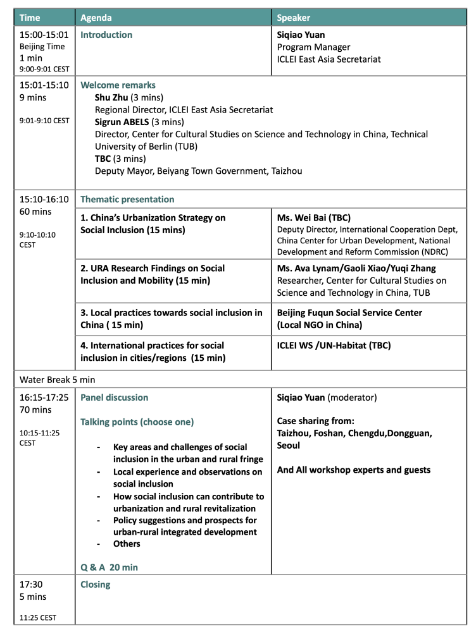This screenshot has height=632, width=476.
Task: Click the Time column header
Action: (30, 18)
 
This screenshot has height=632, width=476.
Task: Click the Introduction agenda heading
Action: (106, 35)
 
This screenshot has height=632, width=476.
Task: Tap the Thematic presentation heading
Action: (127, 199)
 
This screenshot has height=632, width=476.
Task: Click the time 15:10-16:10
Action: (44, 199)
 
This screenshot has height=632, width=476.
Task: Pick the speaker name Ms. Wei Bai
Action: (303, 217)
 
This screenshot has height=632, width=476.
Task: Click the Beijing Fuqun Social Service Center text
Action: (349, 313)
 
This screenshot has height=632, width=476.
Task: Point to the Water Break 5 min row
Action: (60, 379)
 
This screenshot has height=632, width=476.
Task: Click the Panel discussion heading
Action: (115, 398)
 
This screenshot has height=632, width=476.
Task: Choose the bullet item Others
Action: (127, 544)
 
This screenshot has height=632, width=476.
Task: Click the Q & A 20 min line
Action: (109, 568)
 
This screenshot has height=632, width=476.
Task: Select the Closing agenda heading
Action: (96, 585)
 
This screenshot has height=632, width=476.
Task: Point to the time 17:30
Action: (32, 585)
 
